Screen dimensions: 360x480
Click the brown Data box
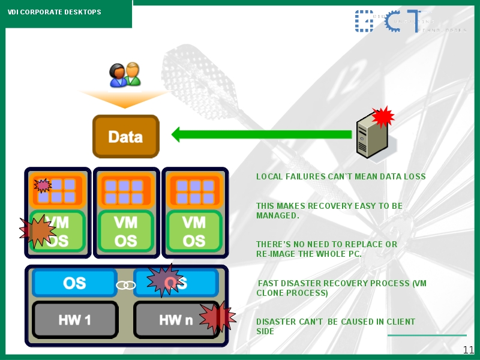coord(125,136)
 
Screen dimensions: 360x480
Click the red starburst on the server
coord(383,116)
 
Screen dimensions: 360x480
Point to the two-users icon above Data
coord(125,75)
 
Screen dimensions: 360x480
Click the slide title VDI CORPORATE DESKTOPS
coord(54,12)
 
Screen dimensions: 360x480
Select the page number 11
coord(469,350)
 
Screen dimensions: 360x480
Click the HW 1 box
coord(74,320)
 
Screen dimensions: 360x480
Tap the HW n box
coord(175,320)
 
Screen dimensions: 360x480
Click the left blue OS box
coord(74,283)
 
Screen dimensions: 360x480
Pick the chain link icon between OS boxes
coord(125,284)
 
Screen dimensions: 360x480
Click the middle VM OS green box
coord(125,231)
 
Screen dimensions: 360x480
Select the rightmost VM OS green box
coord(194,231)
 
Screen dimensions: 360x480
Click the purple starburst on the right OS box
coord(164,280)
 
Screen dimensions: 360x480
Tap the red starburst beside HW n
coord(217,316)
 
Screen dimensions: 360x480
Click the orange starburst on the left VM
coord(38,231)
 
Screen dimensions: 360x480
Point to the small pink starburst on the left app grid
coord(43,185)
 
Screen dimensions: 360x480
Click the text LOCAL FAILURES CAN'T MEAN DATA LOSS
coord(341,176)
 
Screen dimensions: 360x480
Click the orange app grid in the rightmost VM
coord(194,191)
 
